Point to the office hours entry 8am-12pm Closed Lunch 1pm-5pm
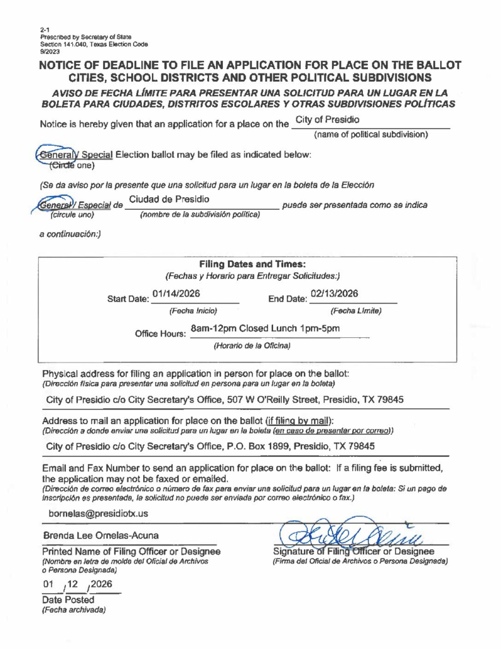(x=265, y=328)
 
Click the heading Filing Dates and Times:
(x=253, y=264)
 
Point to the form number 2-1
(x=44, y=30)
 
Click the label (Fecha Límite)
(x=355, y=311)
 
